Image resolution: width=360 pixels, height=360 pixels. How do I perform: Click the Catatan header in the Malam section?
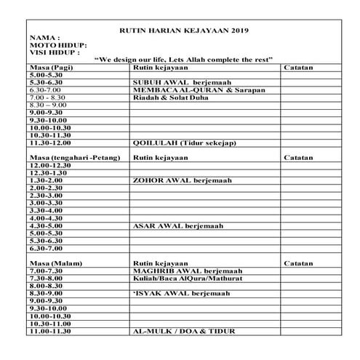pos(298,263)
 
